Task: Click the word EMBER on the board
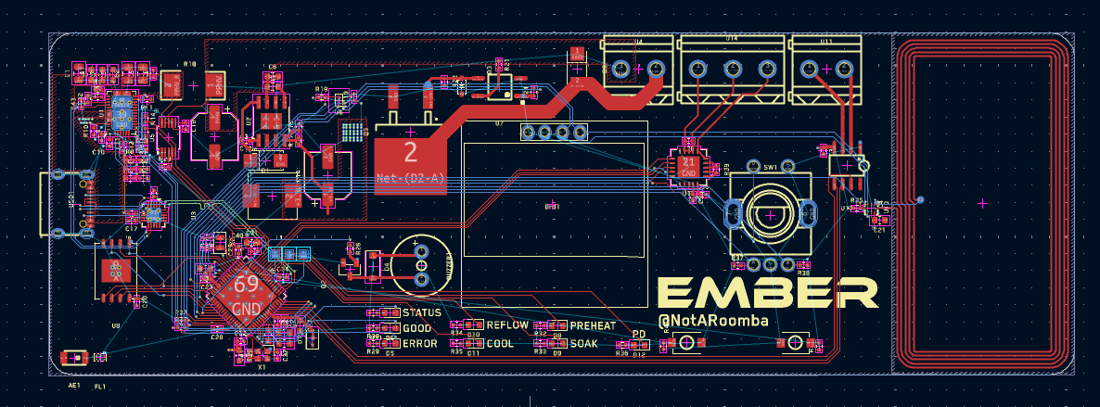click(x=767, y=293)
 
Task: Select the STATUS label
click(x=422, y=312)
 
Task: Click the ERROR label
click(x=420, y=344)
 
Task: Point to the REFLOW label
click(x=507, y=325)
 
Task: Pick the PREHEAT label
click(x=592, y=326)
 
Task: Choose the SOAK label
click(x=584, y=344)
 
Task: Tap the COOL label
click(x=500, y=344)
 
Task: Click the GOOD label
click(x=417, y=328)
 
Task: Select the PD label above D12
click(x=638, y=335)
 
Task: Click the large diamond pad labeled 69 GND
click(x=246, y=294)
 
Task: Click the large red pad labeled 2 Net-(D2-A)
click(x=410, y=159)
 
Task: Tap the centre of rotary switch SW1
click(x=771, y=214)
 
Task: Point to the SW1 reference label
click(x=769, y=168)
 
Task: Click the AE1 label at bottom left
click(x=74, y=385)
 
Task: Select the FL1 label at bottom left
click(x=100, y=385)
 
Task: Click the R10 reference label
click(x=190, y=64)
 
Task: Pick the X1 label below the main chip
click(x=262, y=367)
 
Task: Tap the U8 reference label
click(x=116, y=325)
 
